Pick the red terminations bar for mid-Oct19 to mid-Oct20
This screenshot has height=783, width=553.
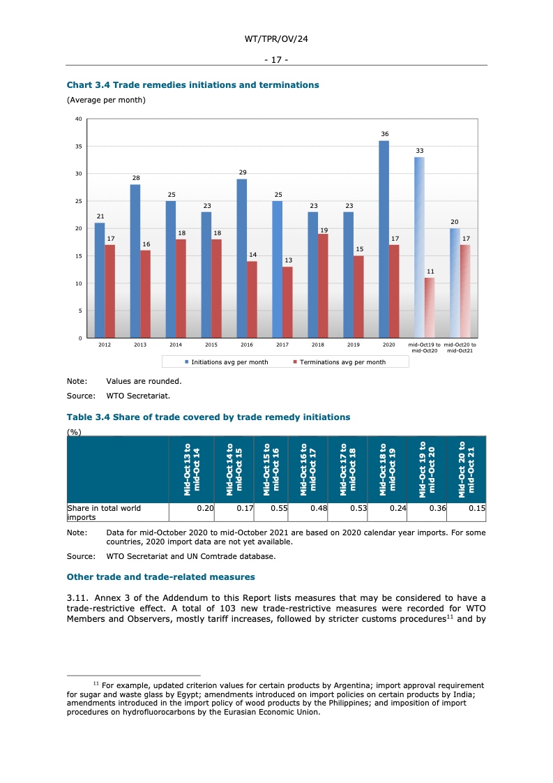430,308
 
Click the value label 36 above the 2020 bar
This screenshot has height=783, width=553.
384,133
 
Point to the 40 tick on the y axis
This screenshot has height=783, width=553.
79,119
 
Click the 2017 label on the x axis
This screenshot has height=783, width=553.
282,345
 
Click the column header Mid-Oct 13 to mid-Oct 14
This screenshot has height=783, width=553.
192,470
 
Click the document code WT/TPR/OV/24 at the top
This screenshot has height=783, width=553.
276,40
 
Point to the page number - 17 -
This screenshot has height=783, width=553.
276,59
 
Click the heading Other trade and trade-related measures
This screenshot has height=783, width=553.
160,577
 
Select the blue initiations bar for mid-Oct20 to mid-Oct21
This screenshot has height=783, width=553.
455,283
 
